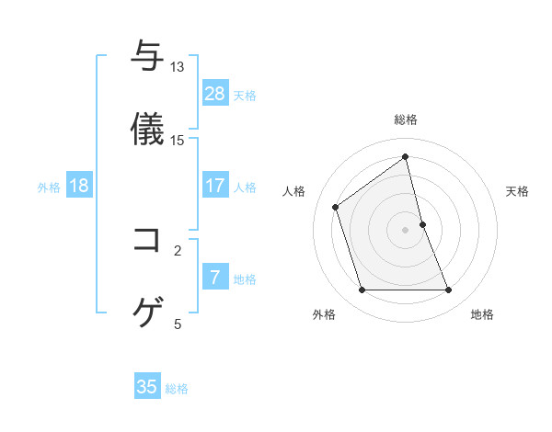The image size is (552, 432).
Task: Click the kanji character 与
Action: pyautogui.click(x=148, y=57)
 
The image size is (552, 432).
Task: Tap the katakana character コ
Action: pyautogui.click(x=148, y=241)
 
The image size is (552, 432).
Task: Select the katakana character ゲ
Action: pyautogui.click(x=148, y=313)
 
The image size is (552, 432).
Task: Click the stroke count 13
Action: pyautogui.click(x=178, y=67)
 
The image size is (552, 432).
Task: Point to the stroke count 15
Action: pyautogui.click(x=178, y=141)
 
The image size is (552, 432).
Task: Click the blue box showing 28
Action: pyautogui.click(x=215, y=94)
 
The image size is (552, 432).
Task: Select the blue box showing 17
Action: pyautogui.click(x=215, y=186)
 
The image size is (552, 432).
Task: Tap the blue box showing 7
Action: pyautogui.click(x=215, y=278)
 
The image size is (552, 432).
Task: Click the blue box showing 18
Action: pyautogui.click(x=79, y=186)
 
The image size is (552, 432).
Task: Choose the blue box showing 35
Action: pyautogui.click(x=147, y=387)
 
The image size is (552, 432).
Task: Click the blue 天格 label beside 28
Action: pyautogui.click(x=245, y=96)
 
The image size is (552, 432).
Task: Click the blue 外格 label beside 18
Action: pyautogui.click(x=49, y=188)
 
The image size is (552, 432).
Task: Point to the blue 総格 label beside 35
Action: pyautogui.click(x=177, y=389)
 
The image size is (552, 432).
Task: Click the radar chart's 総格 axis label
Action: pyautogui.click(x=406, y=119)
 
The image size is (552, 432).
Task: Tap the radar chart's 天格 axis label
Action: pyautogui.click(x=518, y=191)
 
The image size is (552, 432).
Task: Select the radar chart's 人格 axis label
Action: pyautogui.click(x=293, y=191)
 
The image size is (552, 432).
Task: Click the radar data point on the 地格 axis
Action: pyautogui.click(x=449, y=290)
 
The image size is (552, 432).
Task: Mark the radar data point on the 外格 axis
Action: pyautogui.click(x=362, y=290)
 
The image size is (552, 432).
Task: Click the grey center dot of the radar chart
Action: pyautogui.click(x=406, y=230)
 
